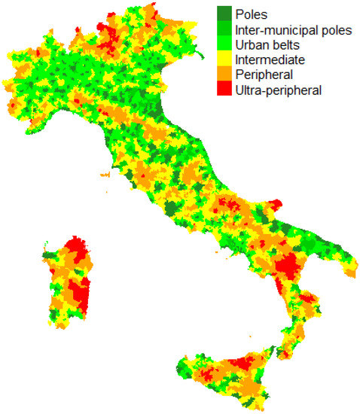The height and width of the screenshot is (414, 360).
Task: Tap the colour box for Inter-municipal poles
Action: click(x=224, y=30)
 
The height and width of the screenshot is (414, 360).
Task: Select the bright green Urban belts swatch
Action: click(x=224, y=45)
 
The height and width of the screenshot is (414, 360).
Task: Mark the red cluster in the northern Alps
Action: click(x=116, y=38)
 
